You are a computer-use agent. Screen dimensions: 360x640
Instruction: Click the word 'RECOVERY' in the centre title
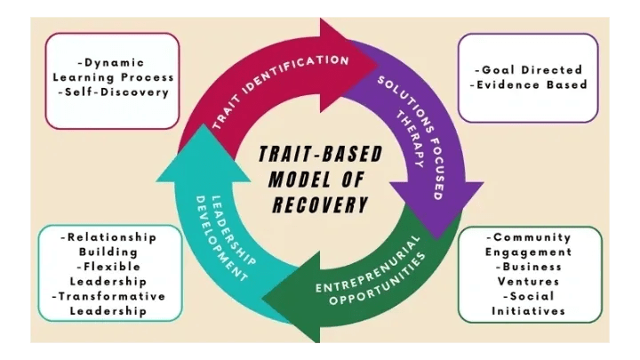[321, 205]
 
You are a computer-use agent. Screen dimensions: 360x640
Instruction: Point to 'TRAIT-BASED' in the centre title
[321, 154]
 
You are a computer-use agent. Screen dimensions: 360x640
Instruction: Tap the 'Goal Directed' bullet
[528, 69]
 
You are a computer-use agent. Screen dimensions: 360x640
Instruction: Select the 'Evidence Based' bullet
[528, 84]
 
